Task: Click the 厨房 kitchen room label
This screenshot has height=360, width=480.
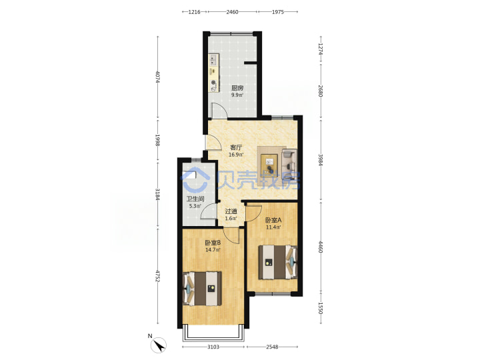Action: click(x=237, y=88)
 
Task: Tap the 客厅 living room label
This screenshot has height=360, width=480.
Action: click(x=236, y=147)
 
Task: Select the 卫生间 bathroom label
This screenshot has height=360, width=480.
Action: click(x=195, y=199)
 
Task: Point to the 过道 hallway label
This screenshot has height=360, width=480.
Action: click(x=231, y=211)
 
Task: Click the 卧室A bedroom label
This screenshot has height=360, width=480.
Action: click(x=273, y=220)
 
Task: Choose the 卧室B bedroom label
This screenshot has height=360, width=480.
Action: click(x=213, y=243)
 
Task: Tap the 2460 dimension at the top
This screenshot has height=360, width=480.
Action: click(x=233, y=12)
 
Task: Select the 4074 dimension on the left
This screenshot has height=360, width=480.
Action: click(x=157, y=77)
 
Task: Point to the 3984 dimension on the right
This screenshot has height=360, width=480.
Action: click(x=321, y=159)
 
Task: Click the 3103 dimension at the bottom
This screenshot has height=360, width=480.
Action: click(x=213, y=347)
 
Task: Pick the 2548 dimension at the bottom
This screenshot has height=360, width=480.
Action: click(x=272, y=347)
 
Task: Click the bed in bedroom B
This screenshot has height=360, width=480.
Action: click(x=202, y=289)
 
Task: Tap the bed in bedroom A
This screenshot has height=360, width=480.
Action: click(x=278, y=262)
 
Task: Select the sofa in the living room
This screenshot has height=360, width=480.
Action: click(x=289, y=161)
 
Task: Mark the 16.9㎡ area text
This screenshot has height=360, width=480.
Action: click(x=236, y=155)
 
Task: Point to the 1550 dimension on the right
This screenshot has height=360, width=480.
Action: click(x=321, y=308)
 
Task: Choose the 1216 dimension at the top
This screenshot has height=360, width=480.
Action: click(x=195, y=12)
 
